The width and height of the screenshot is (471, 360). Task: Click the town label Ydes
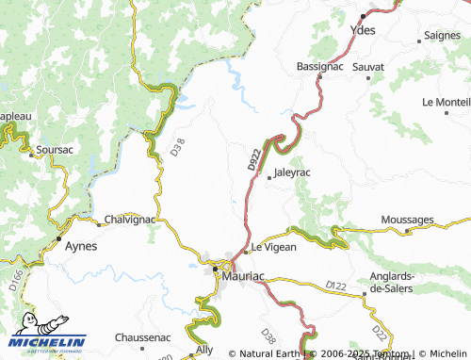pyautogui.click(x=363, y=30)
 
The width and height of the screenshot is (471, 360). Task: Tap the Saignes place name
pyautogui.click(x=442, y=35)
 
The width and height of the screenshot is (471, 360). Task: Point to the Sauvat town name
pyautogui.click(x=368, y=68)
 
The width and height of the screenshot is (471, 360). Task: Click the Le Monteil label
pyautogui.click(x=447, y=102)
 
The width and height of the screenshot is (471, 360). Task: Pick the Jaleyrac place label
pyautogui.click(x=291, y=173)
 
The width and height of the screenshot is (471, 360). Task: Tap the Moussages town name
pyautogui.click(x=407, y=220)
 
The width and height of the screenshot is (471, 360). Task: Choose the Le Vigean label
pyautogui.click(x=274, y=247)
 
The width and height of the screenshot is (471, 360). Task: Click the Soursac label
pyautogui.click(x=54, y=149)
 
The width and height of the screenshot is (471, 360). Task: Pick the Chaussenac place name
pyautogui.click(x=141, y=336)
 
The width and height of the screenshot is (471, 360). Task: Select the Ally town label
pyautogui.click(x=204, y=350)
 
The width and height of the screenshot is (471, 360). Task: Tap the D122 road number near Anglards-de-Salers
pyautogui.click(x=336, y=284)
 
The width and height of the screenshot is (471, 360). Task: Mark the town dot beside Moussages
pyautogui.click(x=407, y=230)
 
